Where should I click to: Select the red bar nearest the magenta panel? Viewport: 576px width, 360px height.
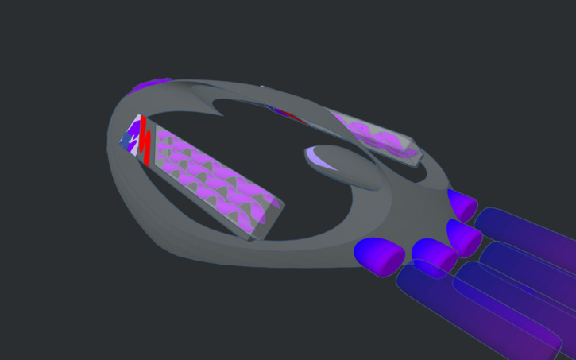coord(149,147)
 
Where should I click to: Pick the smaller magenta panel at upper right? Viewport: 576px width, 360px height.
coord(373,137)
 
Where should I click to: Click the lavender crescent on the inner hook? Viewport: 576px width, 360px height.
coord(322,157)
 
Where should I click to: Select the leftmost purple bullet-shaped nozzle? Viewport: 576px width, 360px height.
coord(379,256)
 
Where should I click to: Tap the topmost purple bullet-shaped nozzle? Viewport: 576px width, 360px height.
coord(461,203)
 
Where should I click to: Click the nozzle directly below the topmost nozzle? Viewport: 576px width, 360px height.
coord(464,237)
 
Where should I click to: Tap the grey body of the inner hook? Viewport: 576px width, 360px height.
coord(350,171)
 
